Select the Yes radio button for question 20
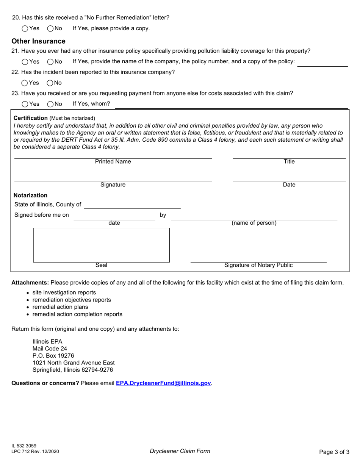click(25, 28)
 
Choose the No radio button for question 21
click(50, 62)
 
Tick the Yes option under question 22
click(25, 83)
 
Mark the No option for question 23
click(50, 104)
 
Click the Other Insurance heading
click(38, 41)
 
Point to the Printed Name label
click(113, 162)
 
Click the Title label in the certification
click(289, 162)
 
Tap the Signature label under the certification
click(113, 185)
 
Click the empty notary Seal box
click(101, 245)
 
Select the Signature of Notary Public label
click(258, 265)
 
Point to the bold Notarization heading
click(31, 195)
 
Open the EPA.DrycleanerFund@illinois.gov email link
click(163, 383)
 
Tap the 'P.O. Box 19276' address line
click(53, 356)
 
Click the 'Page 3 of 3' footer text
click(334, 452)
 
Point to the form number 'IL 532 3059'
click(24, 446)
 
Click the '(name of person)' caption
click(254, 223)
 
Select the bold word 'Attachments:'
click(30, 283)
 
